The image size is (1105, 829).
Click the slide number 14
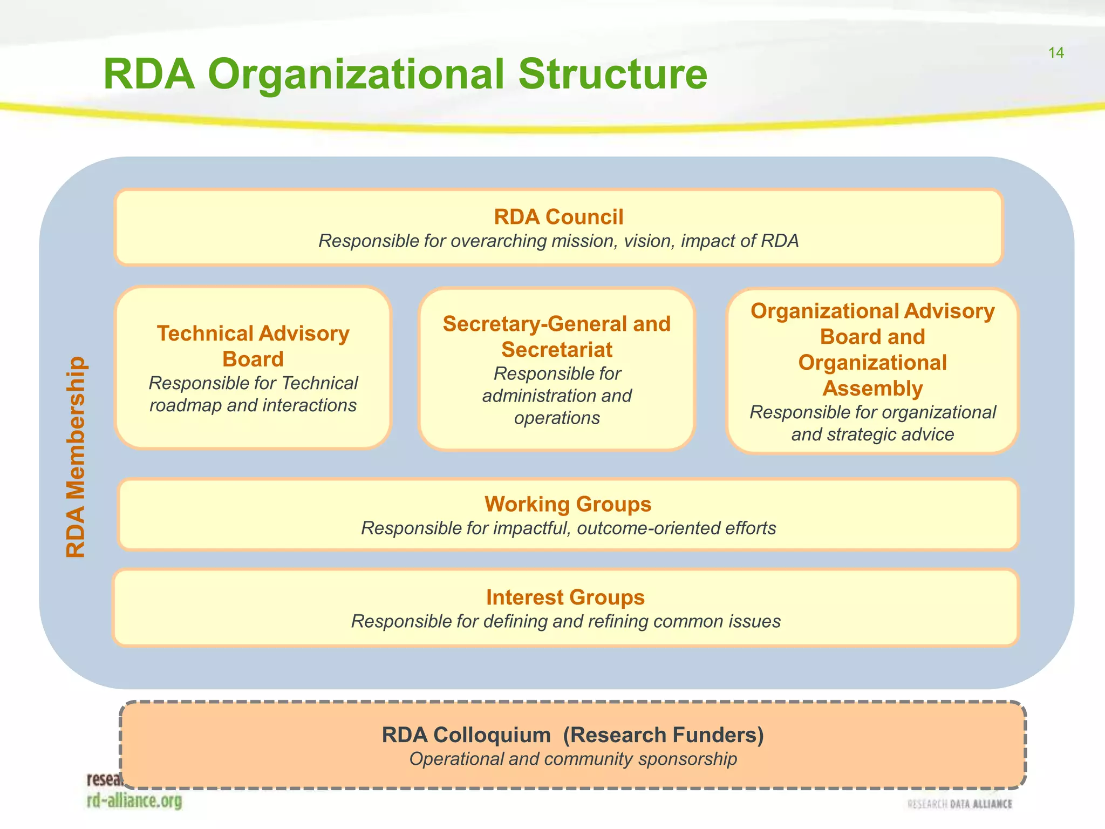pyautogui.click(x=1056, y=53)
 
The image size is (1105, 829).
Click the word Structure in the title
pyautogui.click(x=612, y=74)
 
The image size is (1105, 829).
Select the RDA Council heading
pyautogui.click(x=558, y=217)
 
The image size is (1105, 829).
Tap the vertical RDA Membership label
pyautogui.click(x=76, y=457)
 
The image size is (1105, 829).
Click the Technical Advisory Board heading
pyautogui.click(x=253, y=346)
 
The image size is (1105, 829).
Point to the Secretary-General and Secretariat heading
pyautogui.click(x=556, y=336)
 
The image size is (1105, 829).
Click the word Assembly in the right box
pyautogui.click(x=872, y=389)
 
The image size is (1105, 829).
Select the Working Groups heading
pyautogui.click(x=568, y=504)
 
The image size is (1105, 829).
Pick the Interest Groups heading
pyautogui.click(x=565, y=597)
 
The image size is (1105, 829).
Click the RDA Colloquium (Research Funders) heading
pyautogui.click(x=572, y=735)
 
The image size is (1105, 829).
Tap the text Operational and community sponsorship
pyautogui.click(x=572, y=759)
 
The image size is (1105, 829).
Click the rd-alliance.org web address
pyautogui.click(x=134, y=801)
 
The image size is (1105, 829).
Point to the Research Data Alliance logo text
pyautogui.click(x=960, y=804)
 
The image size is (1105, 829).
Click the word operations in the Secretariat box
pyautogui.click(x=556, y=418)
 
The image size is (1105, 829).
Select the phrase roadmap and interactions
pyautogui.click(x=253, y=405)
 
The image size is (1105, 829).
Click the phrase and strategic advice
pyautogui.click(x=872, y=434)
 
